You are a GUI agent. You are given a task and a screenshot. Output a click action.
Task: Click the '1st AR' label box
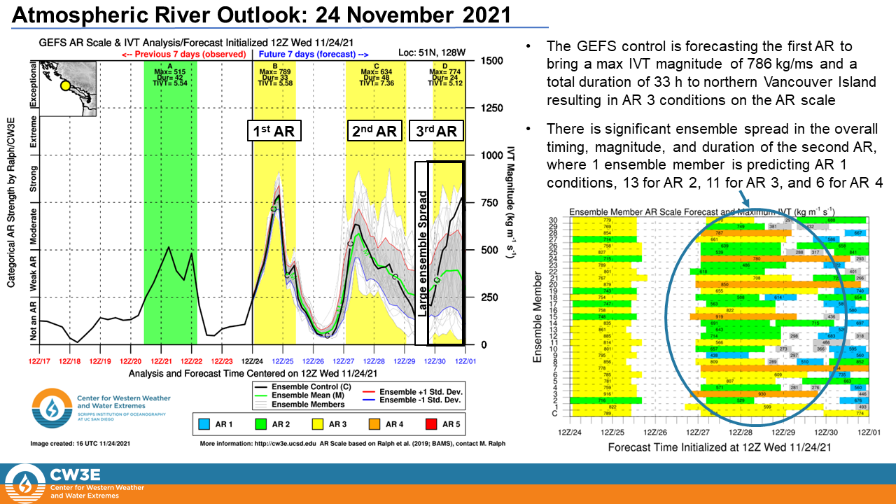tap(273, 131)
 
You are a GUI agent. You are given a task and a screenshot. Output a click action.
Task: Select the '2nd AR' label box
tap(374, 131)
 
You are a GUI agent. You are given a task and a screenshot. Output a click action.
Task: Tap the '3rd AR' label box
tap(435, 131)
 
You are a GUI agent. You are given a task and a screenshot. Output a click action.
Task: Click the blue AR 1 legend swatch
tap(204, 423)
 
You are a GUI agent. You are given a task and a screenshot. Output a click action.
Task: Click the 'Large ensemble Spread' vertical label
tap(421, 252)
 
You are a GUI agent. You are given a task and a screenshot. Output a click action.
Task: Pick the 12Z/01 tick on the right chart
tap(869, 433)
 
